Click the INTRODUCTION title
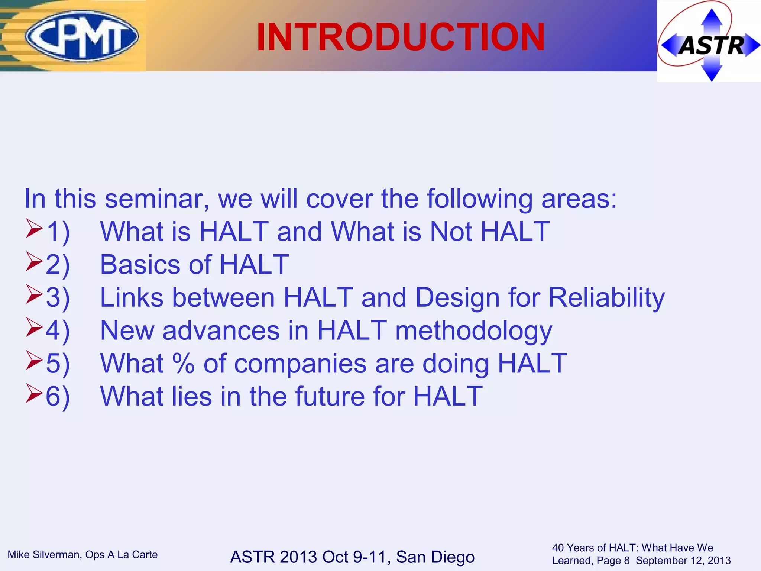tap(401, 37)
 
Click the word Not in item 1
tap(451, 231)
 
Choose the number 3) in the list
tap(58, 297)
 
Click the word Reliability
tap(606, 297)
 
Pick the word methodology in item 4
tap(473, 330)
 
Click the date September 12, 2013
tap(683, 561)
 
